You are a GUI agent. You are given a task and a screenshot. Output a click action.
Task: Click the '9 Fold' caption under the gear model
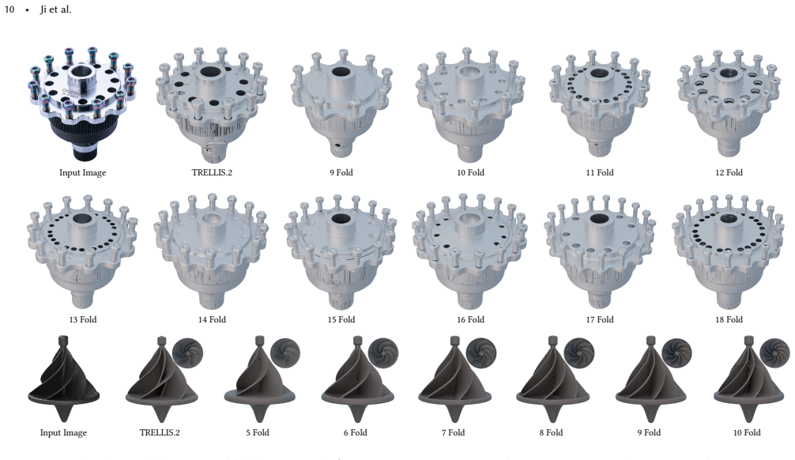[x=341, y=172]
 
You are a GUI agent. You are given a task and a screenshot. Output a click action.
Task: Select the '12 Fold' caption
[x=729, y=172]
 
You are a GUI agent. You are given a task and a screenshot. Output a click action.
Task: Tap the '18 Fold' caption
[x=729, y=319]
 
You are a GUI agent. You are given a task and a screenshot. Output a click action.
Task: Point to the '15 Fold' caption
[x=341, y=319]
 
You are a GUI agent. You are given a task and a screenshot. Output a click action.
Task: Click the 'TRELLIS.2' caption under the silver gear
[x=212, y=172]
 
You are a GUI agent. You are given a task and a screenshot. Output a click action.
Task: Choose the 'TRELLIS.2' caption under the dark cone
[x=160, y=432]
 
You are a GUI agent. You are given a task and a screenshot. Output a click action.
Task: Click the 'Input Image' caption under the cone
[x=63, y=432]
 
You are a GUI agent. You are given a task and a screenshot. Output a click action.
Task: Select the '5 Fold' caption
[x=258, y=432]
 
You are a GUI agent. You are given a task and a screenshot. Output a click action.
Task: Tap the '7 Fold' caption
[x=454, y=432]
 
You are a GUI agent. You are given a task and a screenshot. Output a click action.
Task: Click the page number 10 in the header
[x=9, y=9]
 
